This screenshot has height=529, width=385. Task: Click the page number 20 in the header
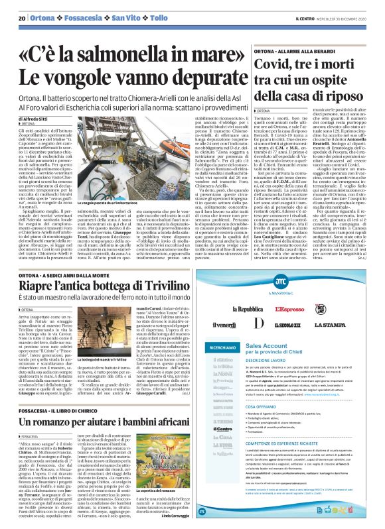pos(21,17)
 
